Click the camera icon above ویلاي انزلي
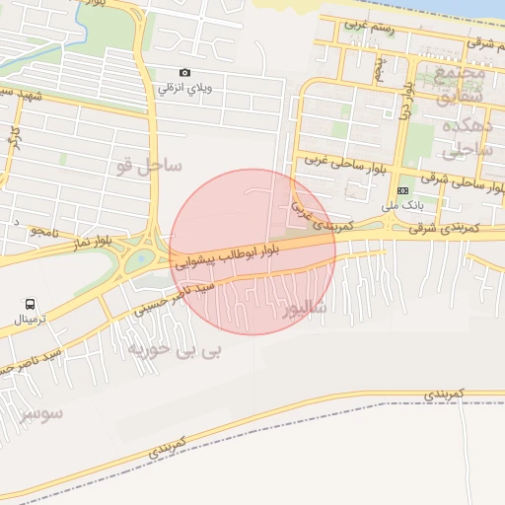[184, 73]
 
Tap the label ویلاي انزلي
[184, 89]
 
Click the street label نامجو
[45, 230]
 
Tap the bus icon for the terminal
[31, 305]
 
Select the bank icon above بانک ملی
[402, 190]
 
